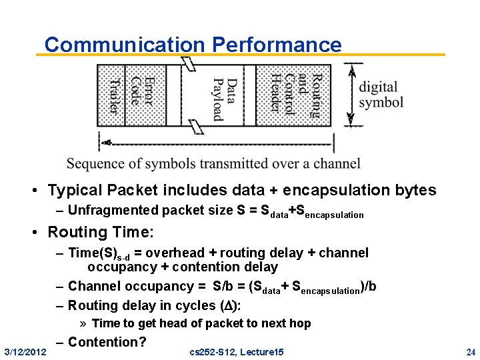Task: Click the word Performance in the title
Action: click(277, 45)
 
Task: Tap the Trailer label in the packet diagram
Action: click(114, 95)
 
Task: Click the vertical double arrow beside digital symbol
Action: click(351, 95)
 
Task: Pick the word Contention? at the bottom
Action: click(107, 343)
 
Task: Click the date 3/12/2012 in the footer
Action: click(25, 351)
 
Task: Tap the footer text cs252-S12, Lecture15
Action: click(237, 351)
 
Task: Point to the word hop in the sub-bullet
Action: click(300, 323)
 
